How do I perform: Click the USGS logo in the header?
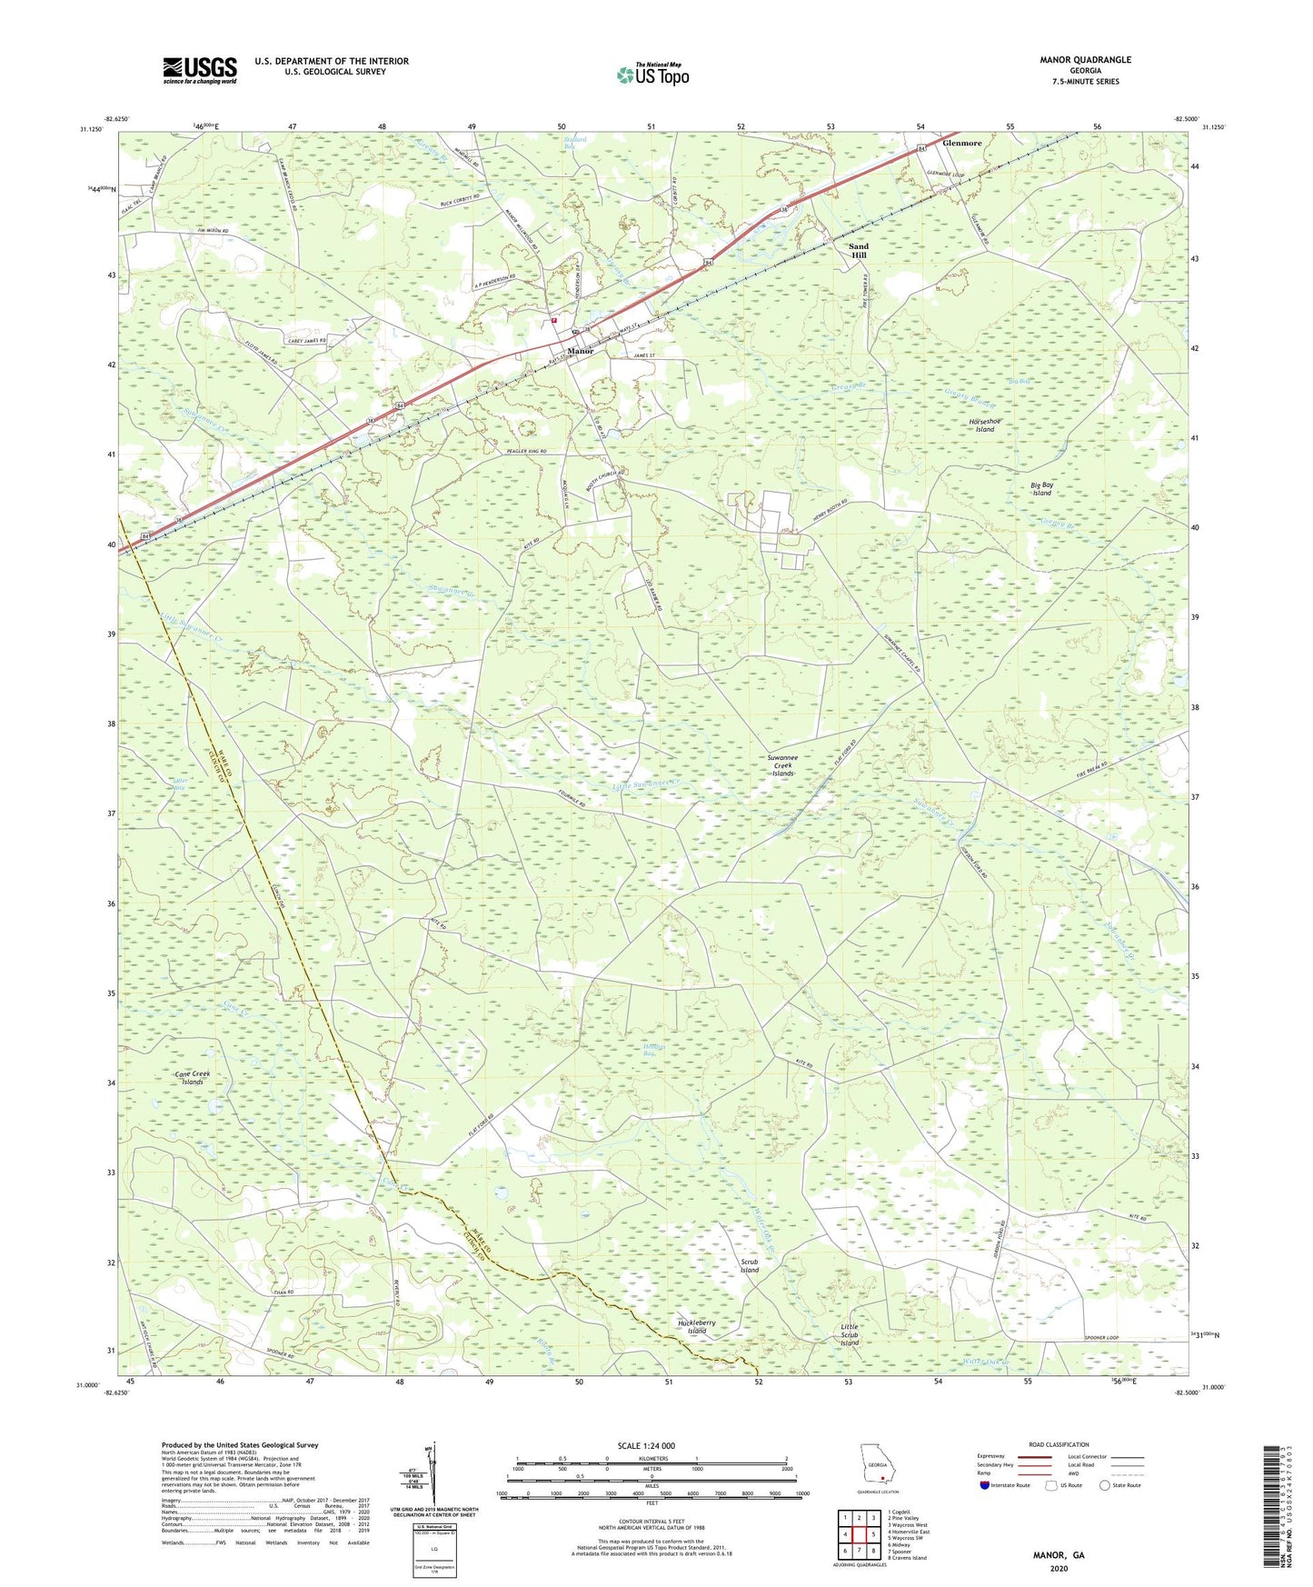(x=199, y=70)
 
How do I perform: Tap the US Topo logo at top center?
(x=652, y=75)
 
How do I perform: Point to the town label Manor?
(x=580, y=351)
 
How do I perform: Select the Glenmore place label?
(x=962, y=144)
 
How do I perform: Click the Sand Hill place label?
(x=858, y=251)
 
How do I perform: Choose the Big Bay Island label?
(x=1041, y=489)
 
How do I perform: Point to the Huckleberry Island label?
(x=697, y=1327)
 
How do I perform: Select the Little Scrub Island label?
(x=849, y=1334)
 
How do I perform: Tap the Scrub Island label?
(x=749, y=1266)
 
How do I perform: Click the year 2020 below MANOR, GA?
(x=1058, y=1569)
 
